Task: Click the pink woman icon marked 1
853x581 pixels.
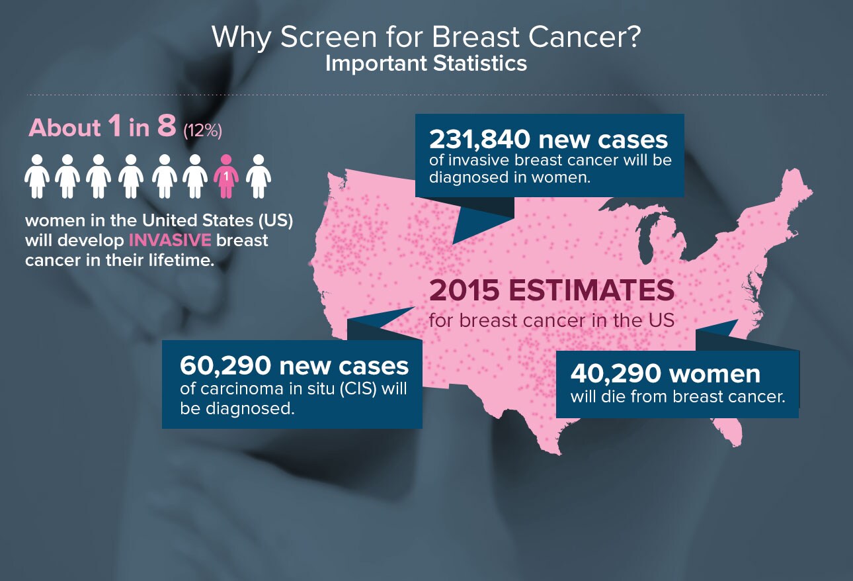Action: point(226,176)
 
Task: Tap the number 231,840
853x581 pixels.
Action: point(479,140)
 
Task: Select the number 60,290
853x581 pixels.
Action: point(225,366)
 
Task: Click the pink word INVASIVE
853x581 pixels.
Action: point(170,240)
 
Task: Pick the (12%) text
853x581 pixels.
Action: point(202,131)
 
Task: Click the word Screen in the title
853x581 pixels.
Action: point(328,37)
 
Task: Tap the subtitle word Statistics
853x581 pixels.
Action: point(480,64)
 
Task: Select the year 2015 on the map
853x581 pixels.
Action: point(464,290)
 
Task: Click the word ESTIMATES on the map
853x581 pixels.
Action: point(591,290)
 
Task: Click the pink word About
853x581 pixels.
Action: point(65,128)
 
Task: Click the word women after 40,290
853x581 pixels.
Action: point(715,374)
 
